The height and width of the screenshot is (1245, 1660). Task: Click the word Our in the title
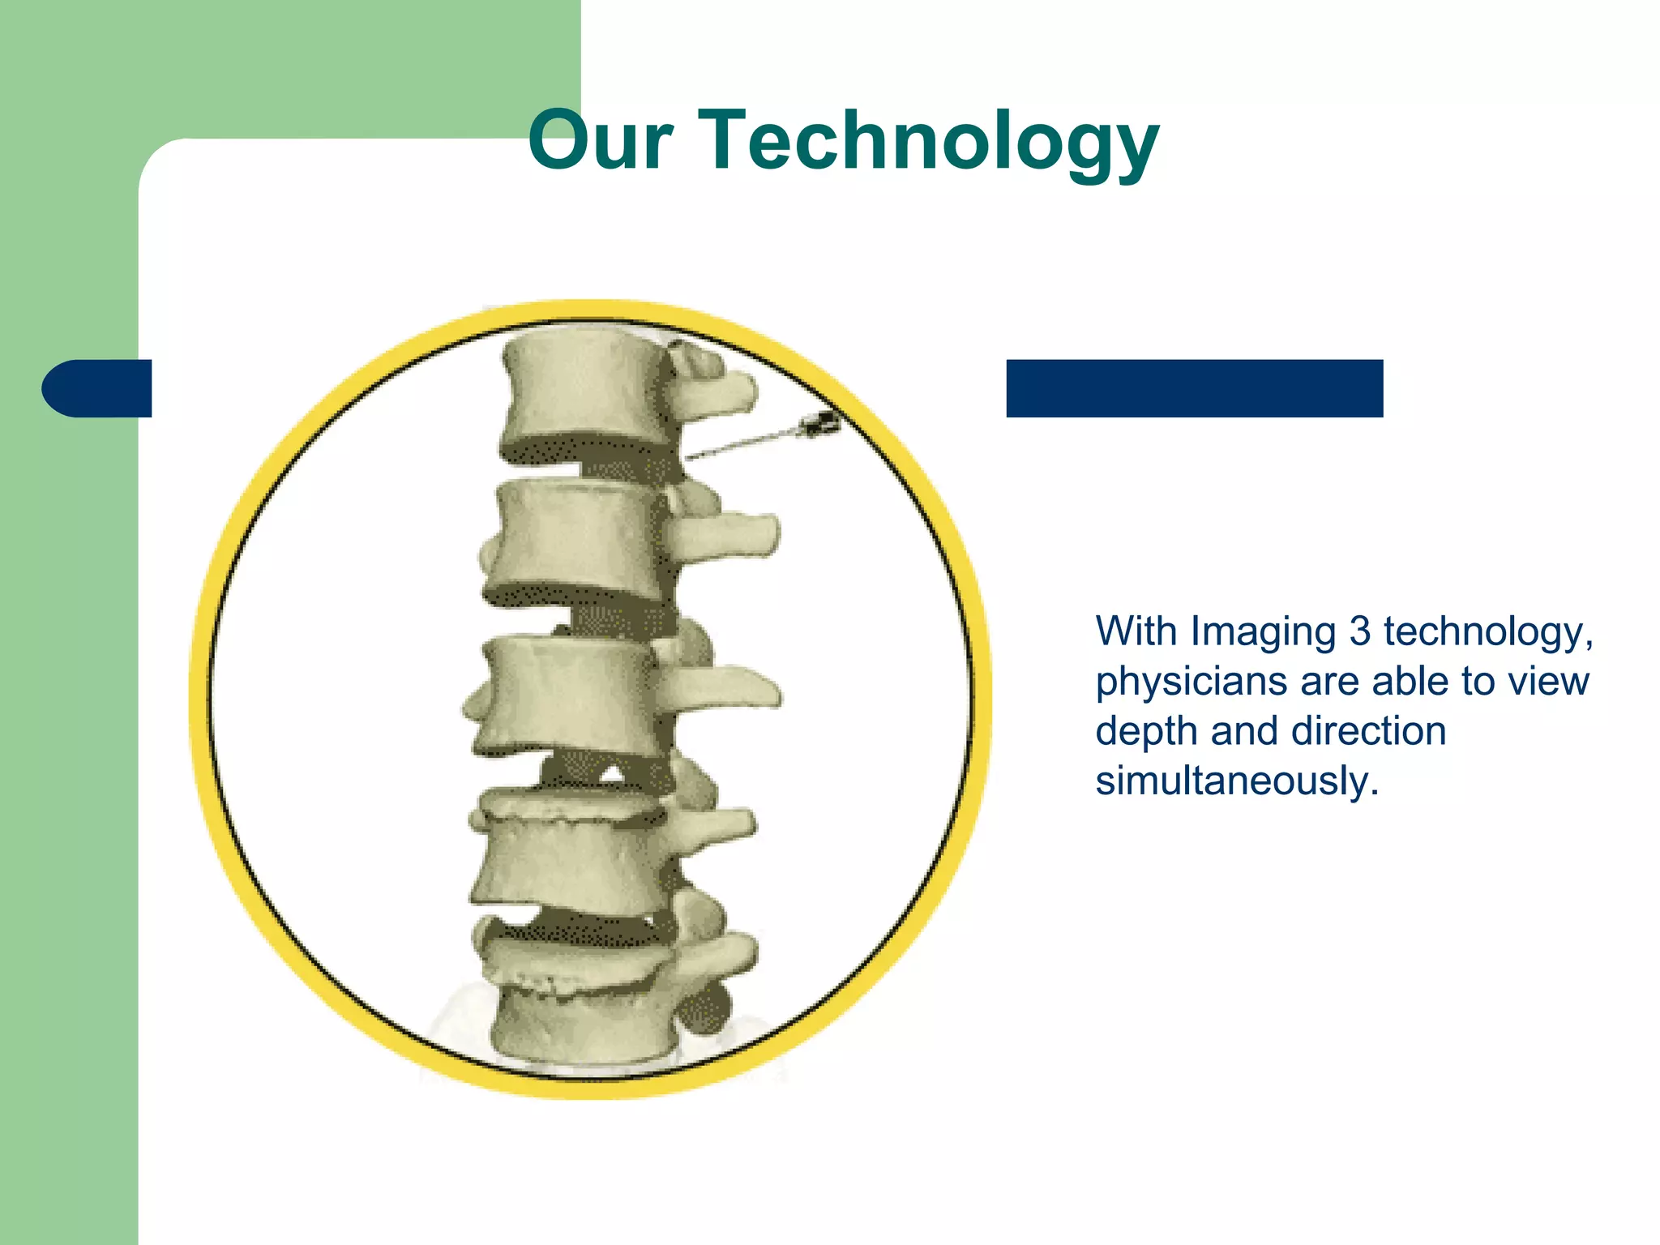[x=600, y=142]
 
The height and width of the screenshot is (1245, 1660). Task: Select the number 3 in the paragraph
[x=1359, y=631]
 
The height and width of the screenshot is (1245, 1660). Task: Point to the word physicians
[x=1192, y=682]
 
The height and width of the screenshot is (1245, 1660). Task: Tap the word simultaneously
[x=1236, y=781]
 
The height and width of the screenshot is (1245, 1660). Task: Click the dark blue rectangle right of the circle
[x=1194, y=388]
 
